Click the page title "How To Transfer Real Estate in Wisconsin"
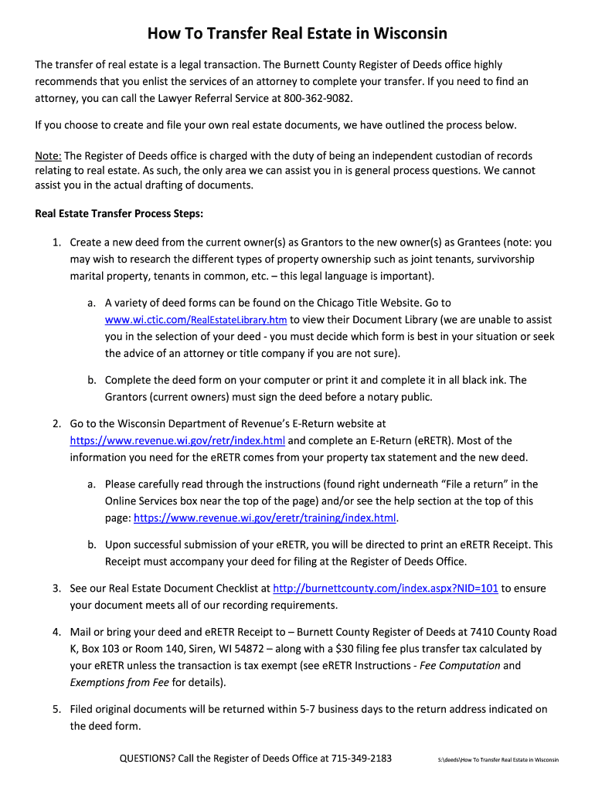297,34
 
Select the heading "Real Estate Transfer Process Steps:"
119,213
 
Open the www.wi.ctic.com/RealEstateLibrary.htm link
196,320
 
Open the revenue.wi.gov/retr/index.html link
178,441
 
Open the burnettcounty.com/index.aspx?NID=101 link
386,589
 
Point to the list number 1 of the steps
56,243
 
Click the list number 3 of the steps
56,589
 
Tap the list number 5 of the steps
56,709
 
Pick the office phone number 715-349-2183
362,759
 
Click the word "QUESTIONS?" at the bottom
146,759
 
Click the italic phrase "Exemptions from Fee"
119,682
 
